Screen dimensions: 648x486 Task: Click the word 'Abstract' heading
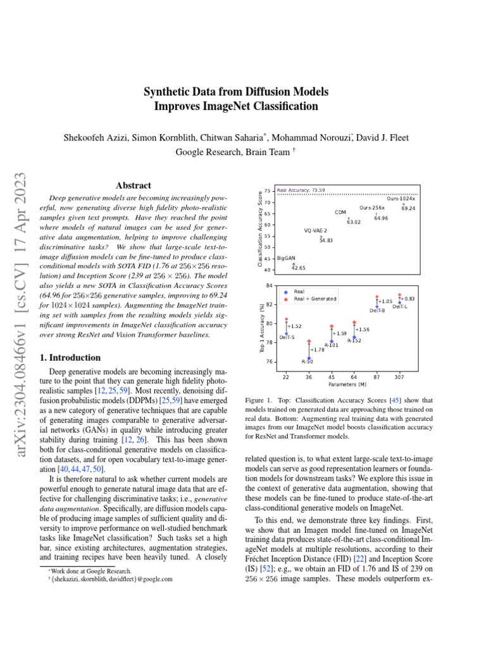click(134, 185)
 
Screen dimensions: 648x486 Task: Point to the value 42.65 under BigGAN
click(298, 268)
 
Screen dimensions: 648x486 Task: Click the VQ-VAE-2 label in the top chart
click(316, 231)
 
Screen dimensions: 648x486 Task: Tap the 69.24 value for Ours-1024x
click(408, 208)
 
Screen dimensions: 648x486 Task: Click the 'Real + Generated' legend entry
click(315, 299)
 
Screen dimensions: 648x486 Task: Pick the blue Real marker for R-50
click(309, 358)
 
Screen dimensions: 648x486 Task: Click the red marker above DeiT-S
click(286, 320)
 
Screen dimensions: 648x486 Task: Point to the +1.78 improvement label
click(317, 349)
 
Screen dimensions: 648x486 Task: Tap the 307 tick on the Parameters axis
click(399, 377)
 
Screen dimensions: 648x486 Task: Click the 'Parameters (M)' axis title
click(346, 384)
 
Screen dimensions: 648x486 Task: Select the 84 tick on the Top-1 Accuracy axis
click(269, 285)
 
